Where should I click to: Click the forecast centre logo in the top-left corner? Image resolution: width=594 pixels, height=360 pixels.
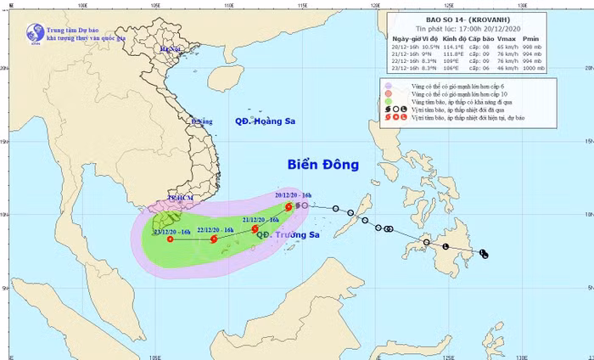(x=36, y=33)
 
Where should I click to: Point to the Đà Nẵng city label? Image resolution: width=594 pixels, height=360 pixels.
(x=201, y=121)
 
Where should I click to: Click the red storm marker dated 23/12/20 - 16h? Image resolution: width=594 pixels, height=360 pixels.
(x=170, y=239)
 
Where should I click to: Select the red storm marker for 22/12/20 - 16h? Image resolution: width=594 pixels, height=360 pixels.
(x=214, y=239)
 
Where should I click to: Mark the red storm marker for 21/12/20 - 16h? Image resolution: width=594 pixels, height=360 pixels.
(x=255, y=228)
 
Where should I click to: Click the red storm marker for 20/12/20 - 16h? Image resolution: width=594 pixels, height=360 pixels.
(x=289, y=206)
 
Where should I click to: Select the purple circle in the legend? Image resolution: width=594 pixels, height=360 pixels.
(x=388, y=86)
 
